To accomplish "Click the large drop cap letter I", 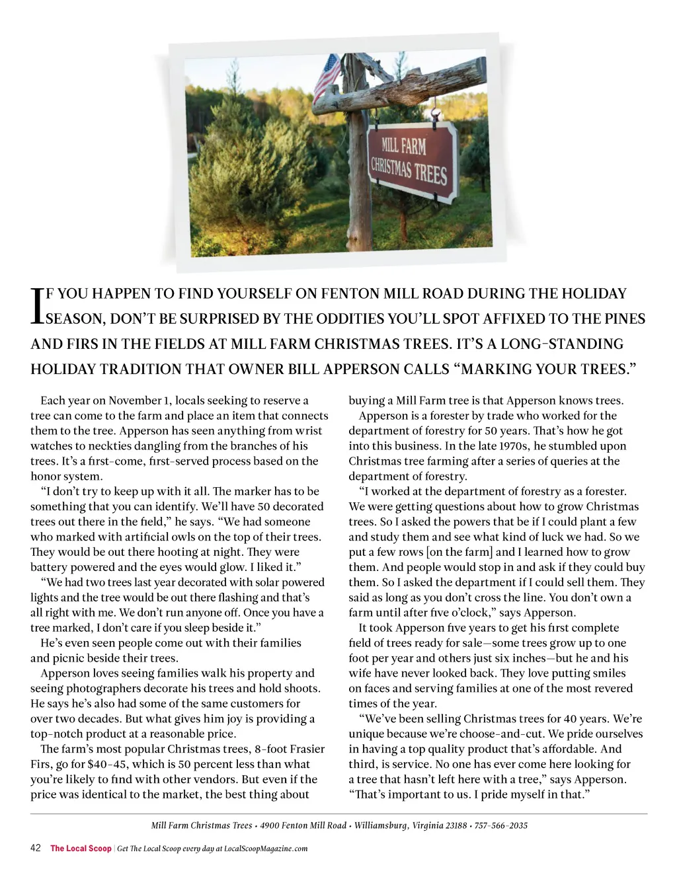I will tap(37, 305).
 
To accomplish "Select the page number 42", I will tap(36, 848).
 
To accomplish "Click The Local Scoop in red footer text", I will tap(81, 849).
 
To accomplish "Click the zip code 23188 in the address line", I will tap(453, 825).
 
